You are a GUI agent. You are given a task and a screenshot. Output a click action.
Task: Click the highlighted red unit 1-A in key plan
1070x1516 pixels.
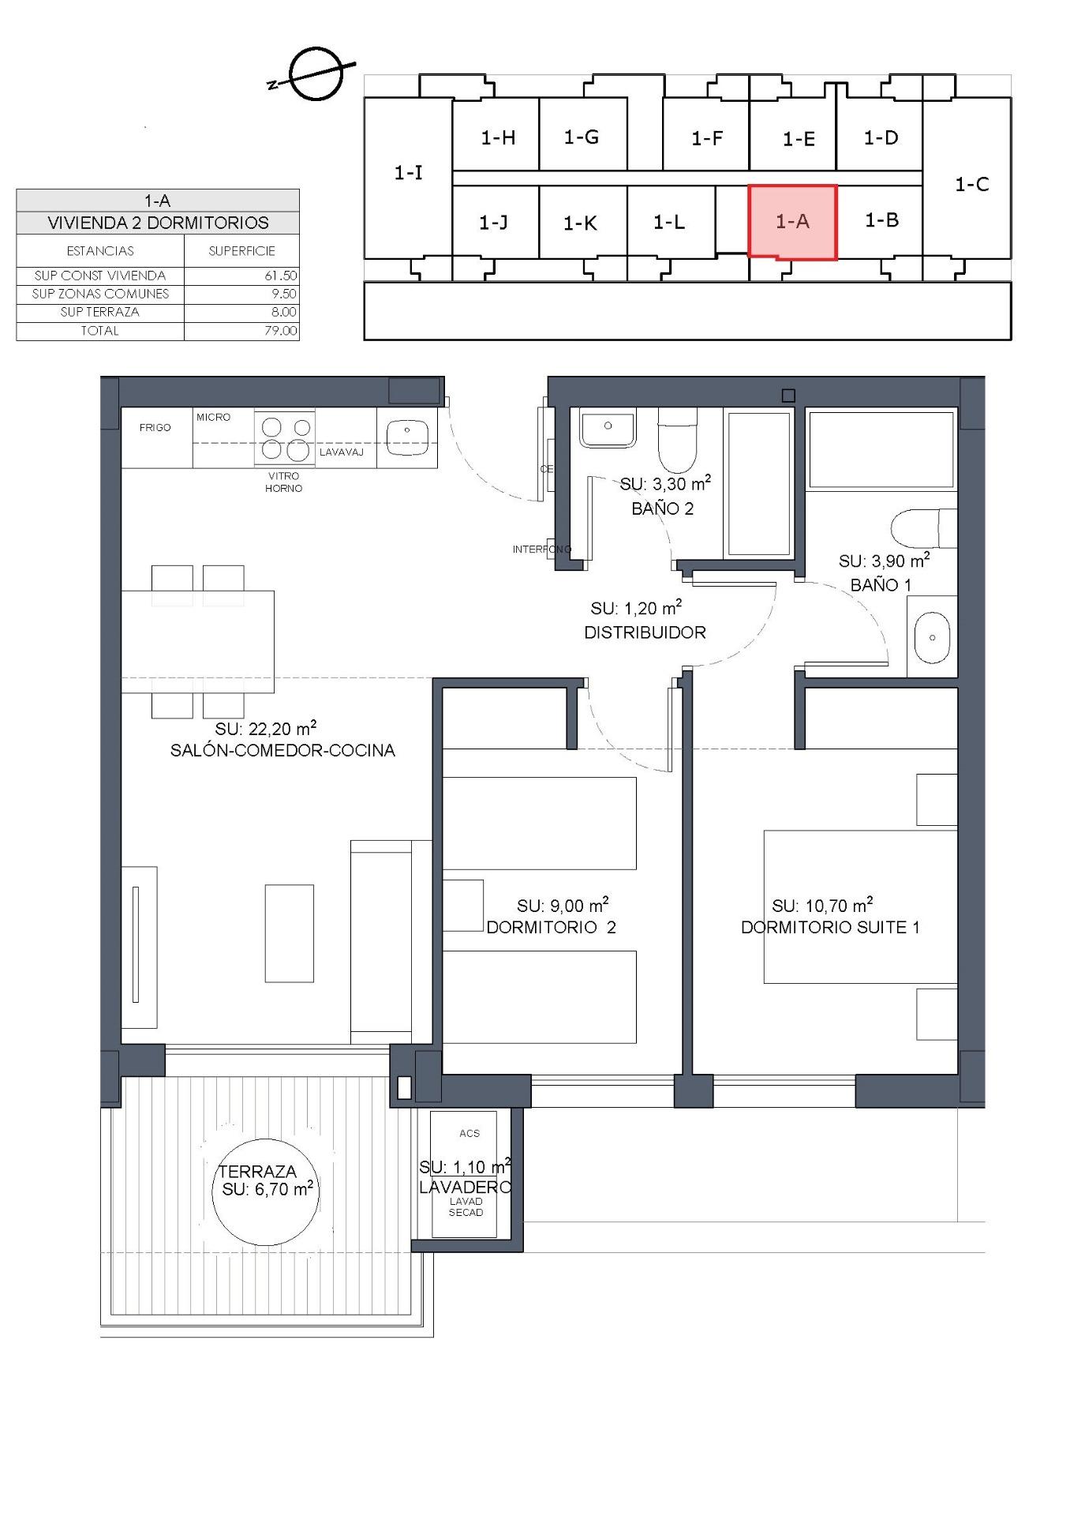pos(792,222)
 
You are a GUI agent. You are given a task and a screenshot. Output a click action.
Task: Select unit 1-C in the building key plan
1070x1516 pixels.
pos(971,184)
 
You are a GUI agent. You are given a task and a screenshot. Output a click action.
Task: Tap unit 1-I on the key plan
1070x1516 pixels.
pos(408,172)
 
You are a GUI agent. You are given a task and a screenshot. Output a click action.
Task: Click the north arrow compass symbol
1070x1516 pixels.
pos(315,74)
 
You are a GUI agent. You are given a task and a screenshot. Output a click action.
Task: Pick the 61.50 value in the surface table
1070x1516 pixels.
pos(281,276)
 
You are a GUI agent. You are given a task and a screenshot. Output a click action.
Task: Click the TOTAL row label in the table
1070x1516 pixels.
pos(99,331)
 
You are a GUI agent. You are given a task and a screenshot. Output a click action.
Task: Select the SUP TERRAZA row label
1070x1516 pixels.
pos(99,312)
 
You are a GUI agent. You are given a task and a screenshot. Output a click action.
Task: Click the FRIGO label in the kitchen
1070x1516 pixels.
pos(155,427)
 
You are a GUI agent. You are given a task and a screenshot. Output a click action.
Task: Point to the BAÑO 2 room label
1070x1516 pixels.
pos(662,508)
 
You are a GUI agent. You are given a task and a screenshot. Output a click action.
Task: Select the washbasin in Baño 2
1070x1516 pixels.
pos(607,428)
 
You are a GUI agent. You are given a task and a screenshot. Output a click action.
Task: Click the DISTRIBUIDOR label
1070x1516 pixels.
pos(645,632)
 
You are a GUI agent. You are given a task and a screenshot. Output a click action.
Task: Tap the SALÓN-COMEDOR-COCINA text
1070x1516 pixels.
pos(282,750)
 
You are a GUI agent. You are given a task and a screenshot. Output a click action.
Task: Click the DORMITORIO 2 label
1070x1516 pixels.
pos(551,927)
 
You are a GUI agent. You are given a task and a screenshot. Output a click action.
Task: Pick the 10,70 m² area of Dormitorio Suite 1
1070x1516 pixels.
pos(822,906)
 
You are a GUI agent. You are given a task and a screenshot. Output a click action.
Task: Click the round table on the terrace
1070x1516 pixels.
pos(265,1192)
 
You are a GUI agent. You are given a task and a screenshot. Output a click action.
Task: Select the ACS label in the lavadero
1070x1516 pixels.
pos(470,1133)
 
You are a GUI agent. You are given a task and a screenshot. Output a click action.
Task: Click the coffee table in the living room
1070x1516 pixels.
pos(289,932)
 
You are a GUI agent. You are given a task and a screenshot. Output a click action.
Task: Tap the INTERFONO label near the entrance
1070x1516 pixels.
pos(541,549)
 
